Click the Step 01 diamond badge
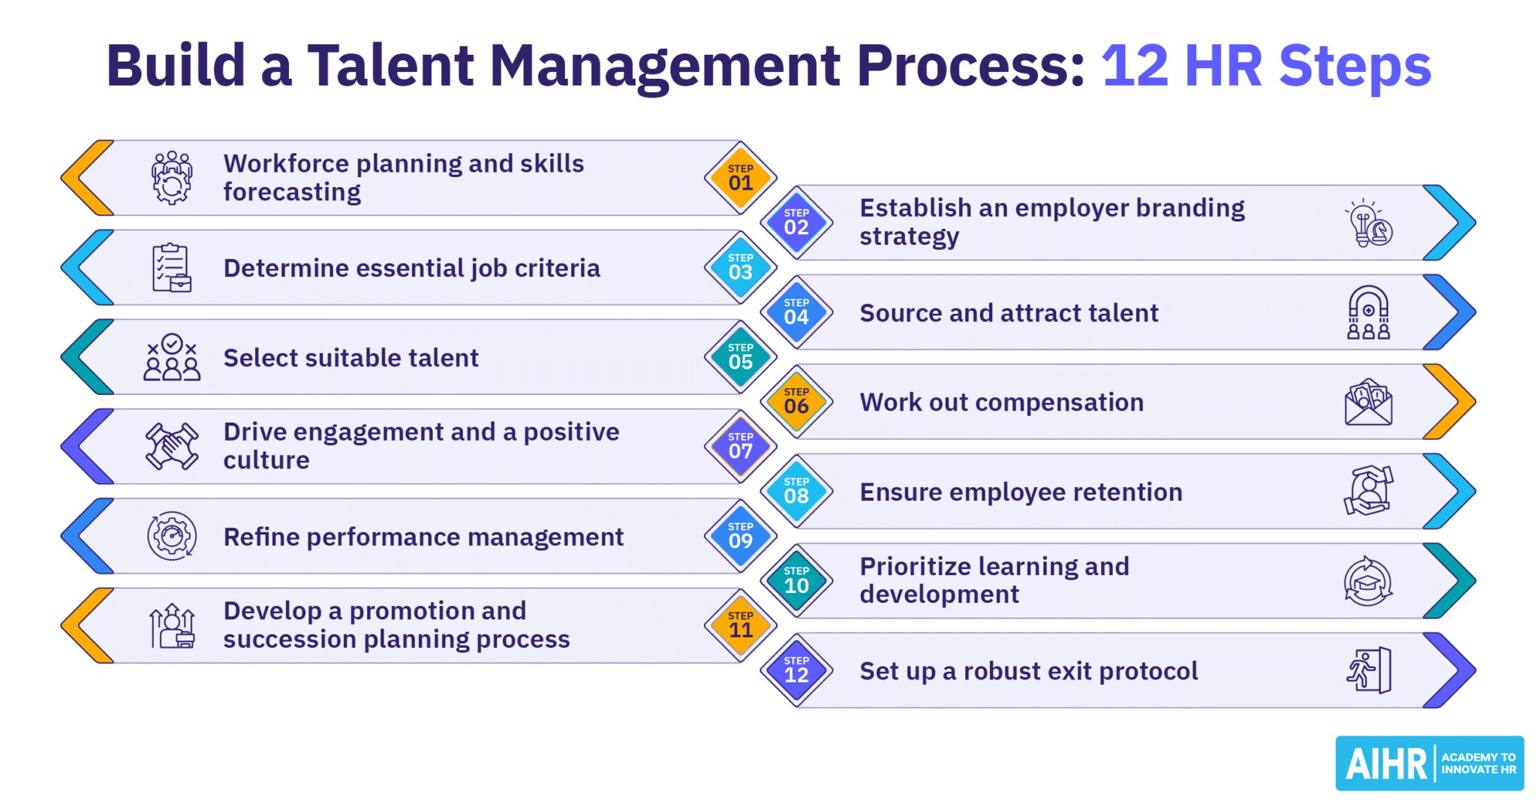(740, 178)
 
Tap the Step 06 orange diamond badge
(796, 402)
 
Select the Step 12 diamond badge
(796, 670)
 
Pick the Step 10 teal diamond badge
(796, 580)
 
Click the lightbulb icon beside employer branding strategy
(1368, 223)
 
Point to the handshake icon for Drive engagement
(172, 446)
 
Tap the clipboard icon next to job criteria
(172, 268)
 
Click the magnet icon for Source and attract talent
(1368, 312)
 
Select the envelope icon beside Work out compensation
(1368, 402)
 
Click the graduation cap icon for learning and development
(1368, 581)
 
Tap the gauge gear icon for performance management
(172, 536)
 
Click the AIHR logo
(1429, 763)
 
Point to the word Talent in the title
(390, 66)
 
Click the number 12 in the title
(1135, 66)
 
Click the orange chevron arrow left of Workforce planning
(86, 178)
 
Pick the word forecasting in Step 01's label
(292, 193)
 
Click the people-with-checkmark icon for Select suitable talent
(172, 357)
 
